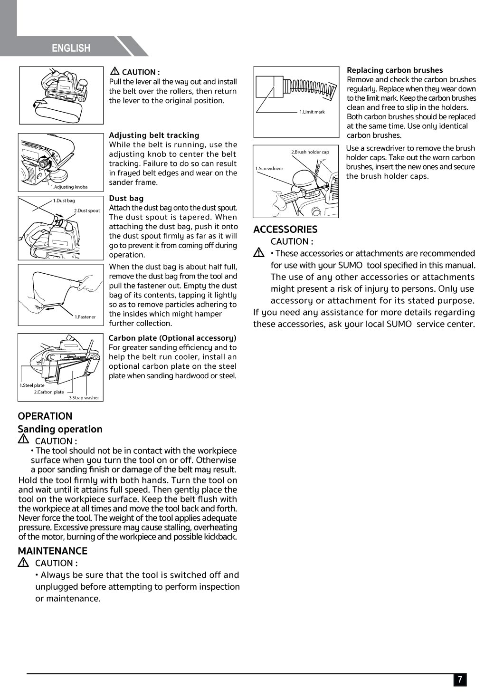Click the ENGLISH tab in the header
tap(71, 48)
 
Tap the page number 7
tap(459, 680)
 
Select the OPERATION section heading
tap(45, 416)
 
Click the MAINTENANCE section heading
tap(53, 551)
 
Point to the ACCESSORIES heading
tap(285, 230)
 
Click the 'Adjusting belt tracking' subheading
tap(154, 135)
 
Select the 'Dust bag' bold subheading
tap(126, 199)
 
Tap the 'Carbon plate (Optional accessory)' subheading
tap(172, 338)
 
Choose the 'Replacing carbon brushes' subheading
tap(395, 70)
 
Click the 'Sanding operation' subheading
tap(60, 429)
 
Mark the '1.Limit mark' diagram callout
tap(312, 112)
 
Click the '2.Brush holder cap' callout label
tap(310, 152)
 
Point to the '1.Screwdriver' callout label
tap(269, 169)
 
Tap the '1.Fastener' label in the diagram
tap(85, 317)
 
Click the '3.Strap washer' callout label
tap(84, 398)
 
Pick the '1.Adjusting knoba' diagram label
tap(69, 187)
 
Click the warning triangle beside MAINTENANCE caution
tap(23, 563)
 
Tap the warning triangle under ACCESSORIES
tap(259, 253)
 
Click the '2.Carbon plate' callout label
tap(49, 392)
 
